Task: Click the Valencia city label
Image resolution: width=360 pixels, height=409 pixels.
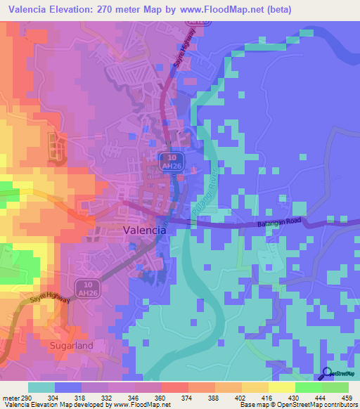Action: pos(145,230)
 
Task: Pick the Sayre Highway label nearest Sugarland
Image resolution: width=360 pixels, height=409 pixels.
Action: pos(50,299)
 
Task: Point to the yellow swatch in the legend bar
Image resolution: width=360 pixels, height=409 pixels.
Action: pos(281,387)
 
